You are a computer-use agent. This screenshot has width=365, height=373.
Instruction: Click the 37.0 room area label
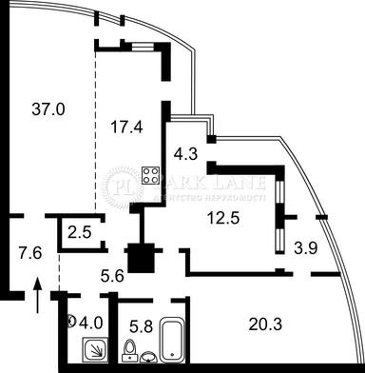coord(48,109)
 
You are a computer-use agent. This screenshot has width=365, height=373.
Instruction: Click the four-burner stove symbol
coord(149,174)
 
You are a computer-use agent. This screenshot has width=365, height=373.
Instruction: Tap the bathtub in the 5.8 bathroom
coord(172,340)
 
